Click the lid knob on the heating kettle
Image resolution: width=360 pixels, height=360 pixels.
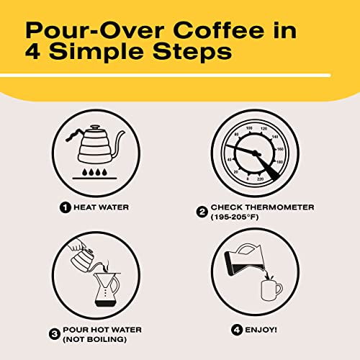point(96,127)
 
